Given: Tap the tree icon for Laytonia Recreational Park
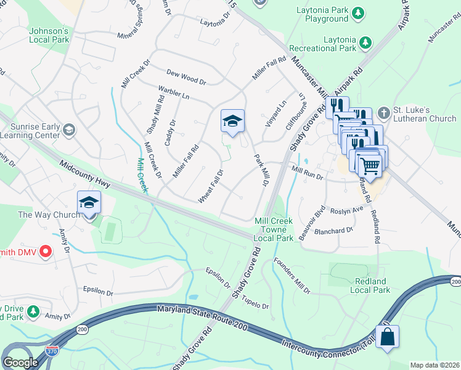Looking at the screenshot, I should (x=366, y=42).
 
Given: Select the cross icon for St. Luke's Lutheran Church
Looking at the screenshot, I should (x=383, y=113).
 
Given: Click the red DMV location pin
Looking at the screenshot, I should (x=45, y=251).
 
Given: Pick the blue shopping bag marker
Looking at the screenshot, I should (x=387, y=337).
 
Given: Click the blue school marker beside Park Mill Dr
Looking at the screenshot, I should (x=232, y=121).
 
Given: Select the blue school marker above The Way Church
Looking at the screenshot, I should (x=89, y=202).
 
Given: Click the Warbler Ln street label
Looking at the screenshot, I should (x=174, y=93).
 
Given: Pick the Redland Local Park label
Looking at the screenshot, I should (x=370, y=286).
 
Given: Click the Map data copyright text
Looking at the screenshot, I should (x=434, y=364).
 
